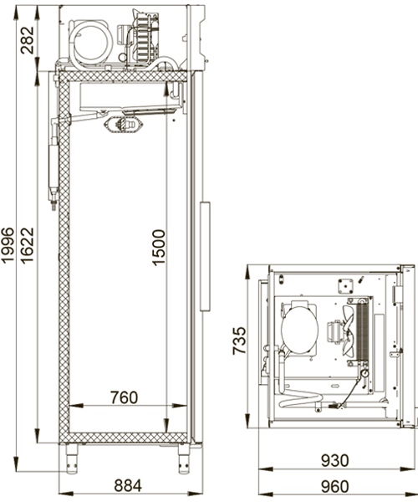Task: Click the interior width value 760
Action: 122,397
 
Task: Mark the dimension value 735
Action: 239,344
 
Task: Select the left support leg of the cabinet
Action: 70,456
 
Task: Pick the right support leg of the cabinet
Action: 181,456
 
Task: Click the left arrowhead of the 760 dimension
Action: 72,406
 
